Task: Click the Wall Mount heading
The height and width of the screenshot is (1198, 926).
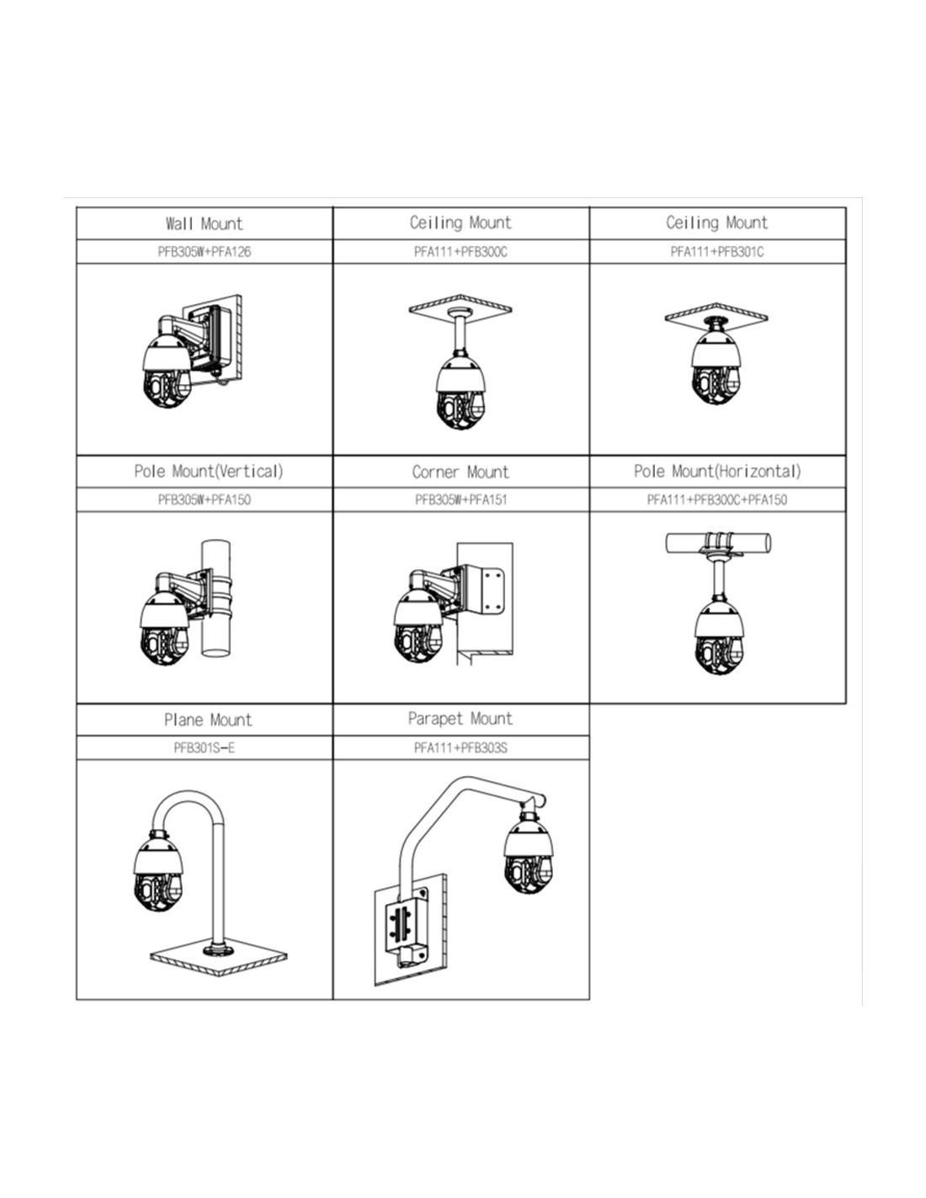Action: click(204, 223)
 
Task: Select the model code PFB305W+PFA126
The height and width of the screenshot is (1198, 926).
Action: click(204, 252)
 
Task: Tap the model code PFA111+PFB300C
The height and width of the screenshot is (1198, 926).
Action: click(460, 252)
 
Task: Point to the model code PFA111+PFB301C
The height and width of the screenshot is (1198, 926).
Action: click(717, 252)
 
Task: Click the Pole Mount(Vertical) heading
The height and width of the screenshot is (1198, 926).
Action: click(208, 471)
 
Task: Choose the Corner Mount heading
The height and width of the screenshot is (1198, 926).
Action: click(460, 472)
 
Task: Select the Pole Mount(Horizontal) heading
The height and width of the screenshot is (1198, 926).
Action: click(717, 471)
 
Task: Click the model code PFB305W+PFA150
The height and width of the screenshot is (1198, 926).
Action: click(204, 500)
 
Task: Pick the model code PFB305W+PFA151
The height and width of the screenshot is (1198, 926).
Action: click(460, 500)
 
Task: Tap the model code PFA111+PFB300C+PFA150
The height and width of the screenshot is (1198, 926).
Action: click(717, 500)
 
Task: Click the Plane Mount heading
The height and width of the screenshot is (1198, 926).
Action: click(207, 720)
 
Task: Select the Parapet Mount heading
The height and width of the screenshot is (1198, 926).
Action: click(460, 719)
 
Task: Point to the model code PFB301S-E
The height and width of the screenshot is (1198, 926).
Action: click(204, 747)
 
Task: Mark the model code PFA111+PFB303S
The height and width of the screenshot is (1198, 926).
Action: click(460, 747)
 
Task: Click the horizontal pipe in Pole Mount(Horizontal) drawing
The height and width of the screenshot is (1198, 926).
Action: click(758, 543)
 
